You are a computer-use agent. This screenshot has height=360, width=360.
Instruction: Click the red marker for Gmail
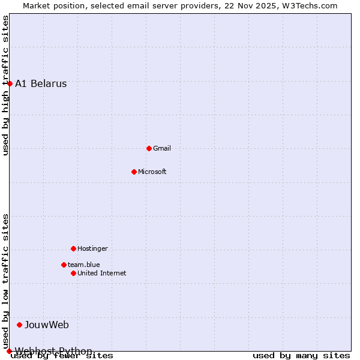coord(149,148)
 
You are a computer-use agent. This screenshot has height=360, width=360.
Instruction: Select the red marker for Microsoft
coord(134,172)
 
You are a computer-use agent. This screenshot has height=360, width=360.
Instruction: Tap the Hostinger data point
coord(73,248)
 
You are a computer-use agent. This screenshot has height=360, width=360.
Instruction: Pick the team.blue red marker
coord(64,265)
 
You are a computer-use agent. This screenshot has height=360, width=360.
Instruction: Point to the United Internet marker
coord(73,273)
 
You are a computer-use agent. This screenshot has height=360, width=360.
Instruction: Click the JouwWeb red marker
coord(19,325)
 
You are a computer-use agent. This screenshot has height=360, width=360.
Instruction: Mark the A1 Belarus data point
coord(10,83)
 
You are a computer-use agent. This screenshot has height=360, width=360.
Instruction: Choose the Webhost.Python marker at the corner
coord(9,351)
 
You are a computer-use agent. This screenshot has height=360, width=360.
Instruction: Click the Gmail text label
coord(162,148)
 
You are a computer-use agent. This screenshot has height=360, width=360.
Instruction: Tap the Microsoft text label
coord(152,172)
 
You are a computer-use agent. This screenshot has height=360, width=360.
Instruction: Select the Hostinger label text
coord(92,248)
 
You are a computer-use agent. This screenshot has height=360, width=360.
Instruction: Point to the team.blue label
coord(84,265)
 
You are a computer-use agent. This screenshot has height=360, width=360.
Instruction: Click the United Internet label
coord(102,273)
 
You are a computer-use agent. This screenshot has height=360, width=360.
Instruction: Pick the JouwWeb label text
coord(47,325)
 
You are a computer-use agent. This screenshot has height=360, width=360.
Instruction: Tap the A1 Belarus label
coord(41,83)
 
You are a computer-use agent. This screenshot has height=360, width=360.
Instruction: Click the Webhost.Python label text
coord(53,351)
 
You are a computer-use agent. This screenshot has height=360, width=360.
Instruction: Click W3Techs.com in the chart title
coord(310,5)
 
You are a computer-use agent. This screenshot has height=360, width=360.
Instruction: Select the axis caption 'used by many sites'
coord(301,355)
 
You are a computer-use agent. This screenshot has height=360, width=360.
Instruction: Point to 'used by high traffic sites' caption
coord(5,85)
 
